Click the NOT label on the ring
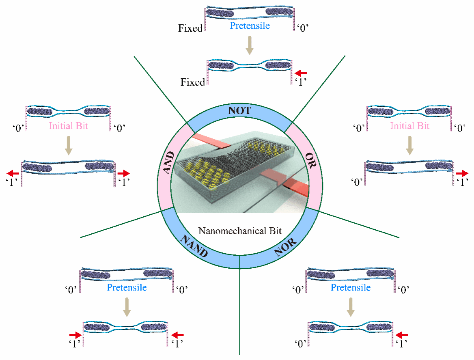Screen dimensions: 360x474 click(x=239, y=111)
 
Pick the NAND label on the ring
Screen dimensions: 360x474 click(x=194, y=247)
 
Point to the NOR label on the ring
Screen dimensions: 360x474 click(x=285, y=246)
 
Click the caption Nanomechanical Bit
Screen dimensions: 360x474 click(x=240, y=231)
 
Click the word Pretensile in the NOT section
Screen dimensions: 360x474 click(x=250, y=26)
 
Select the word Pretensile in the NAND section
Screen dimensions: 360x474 click(x=127, y=288)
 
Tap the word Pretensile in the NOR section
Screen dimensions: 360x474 click(x=351, y=288)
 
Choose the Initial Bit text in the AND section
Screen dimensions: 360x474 click(x=69, y=126)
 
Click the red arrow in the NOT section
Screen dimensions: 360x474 click(x=301, y=73)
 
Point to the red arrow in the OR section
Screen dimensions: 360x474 click(x=462, y=173)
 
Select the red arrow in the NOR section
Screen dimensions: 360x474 click(x=402, y=335)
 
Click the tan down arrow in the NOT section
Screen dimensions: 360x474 click(x=250, y=46)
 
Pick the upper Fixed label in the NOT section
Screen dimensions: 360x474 click(x=190, y=28)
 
